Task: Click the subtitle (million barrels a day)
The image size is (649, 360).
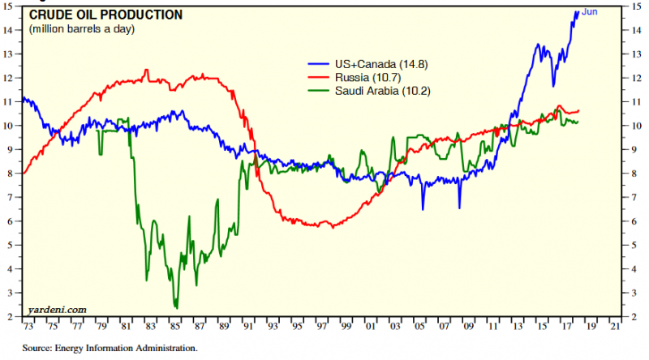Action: (x=82, y=29)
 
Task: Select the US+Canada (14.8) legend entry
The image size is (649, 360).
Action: (x=370, y=62)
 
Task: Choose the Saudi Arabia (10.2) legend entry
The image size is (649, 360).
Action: (x=382, y=91)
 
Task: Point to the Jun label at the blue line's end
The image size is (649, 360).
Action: (x=590, y=12)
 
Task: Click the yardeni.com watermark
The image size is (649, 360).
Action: (x=58, y=309)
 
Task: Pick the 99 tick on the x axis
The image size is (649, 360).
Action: (x=346, y=327)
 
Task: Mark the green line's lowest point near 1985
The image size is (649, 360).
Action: (x=176, y=308)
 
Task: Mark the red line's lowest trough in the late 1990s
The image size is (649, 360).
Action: (x=332, y=226)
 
